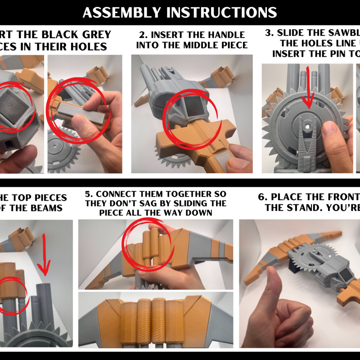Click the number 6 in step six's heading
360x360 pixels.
(261, 197)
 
